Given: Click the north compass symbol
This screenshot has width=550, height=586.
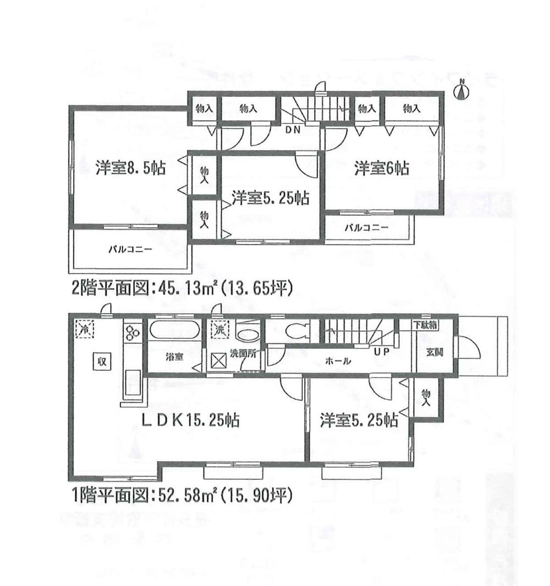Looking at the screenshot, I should point(462,91).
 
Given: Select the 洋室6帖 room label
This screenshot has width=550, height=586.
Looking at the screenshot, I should point(381,168).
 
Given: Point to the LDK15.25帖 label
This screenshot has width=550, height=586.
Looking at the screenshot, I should point(190,421).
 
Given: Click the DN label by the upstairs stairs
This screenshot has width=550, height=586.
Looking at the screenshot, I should point(293,130).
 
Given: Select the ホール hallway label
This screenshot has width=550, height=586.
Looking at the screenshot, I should point(335,361).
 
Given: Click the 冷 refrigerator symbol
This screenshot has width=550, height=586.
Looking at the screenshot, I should point(85,330).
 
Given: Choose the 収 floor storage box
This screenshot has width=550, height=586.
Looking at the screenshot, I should point(102,362).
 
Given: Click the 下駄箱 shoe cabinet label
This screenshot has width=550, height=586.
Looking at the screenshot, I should point(425,325).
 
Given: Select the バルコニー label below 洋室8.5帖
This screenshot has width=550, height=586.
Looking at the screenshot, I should point(130,249).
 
